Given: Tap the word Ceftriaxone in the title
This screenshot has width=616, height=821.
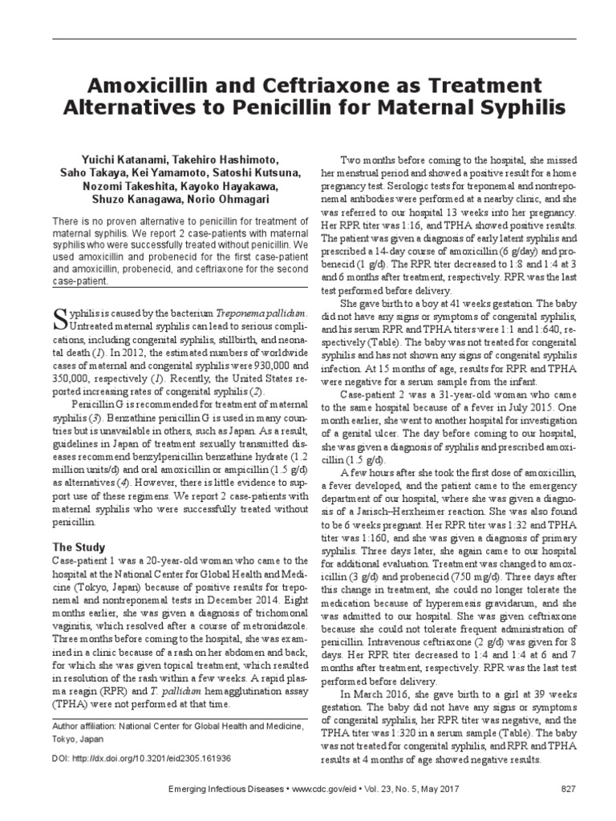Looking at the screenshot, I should point(304,85).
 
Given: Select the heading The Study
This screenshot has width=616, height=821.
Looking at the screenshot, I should point(79,548).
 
